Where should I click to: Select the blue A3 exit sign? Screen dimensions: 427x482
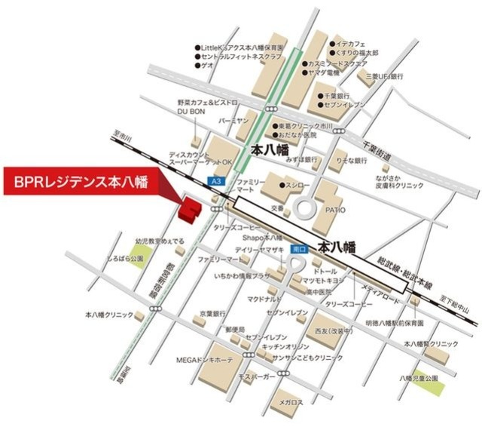click(x=216, y=181)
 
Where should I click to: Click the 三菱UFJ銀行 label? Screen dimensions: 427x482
click(x=385, y=77)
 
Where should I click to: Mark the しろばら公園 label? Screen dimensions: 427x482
click(x=124, y=259)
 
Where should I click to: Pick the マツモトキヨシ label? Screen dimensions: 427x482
click(x=322, y=280)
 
